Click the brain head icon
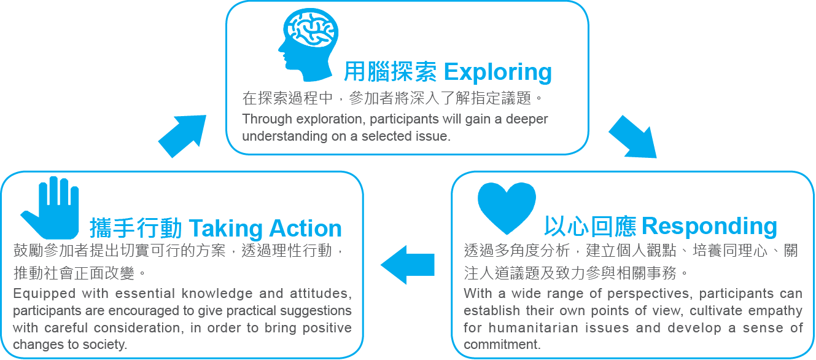(x=308, y=44)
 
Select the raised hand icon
(x=51, y=208)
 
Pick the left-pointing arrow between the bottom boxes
(x=408, y=265)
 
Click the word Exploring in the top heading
(x=497, y=72)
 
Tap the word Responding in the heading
(x=709, y=226)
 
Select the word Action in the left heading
(x=305, y=229)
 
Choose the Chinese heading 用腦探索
(x=390, y=71)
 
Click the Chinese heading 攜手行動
(x=136, y=229)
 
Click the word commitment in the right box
(x=502, y=344)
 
